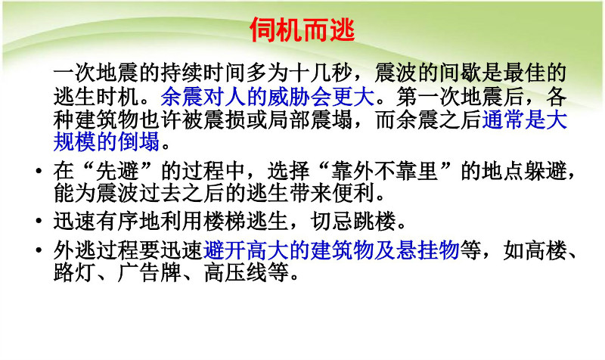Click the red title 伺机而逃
302,29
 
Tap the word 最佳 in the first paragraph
524,73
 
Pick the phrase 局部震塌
310,119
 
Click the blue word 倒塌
138,141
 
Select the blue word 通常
503,119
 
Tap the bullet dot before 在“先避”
39,171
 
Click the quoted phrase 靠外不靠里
384,171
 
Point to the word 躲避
545,171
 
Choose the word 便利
354,193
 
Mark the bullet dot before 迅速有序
39,221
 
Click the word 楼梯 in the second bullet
225,221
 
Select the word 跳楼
374,221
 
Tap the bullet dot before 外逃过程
39,250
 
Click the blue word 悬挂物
427,250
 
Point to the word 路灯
74,272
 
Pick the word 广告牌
149,272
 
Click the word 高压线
235,272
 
